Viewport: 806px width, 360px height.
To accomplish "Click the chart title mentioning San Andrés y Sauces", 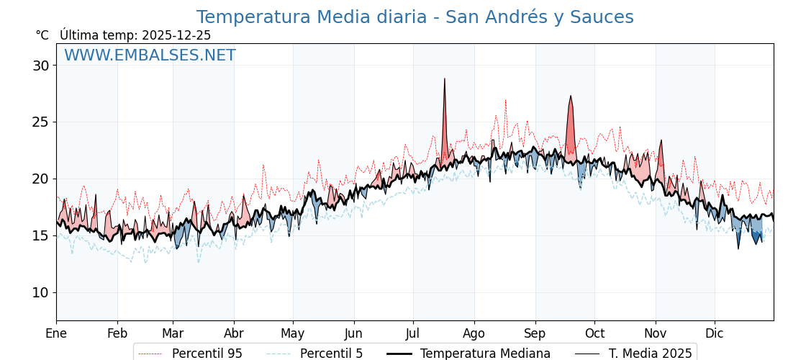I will pyautogui.click(x=415, y=17).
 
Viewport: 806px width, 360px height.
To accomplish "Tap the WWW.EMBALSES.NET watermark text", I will pyautogui.click(x=150, y=55).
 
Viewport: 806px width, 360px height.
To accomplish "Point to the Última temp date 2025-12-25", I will pyautogui.click(x=176, y=35).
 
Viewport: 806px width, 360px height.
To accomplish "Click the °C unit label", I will pyautogui.click(x=42, y=35).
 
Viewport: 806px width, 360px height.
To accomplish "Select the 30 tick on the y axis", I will pyautogui.click(x=40, y=66).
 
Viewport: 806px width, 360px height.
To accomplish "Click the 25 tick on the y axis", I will pyautogui.click(x=40, y=122).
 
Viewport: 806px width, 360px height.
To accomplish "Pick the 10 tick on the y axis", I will pyautogui.click(x=40, y=292).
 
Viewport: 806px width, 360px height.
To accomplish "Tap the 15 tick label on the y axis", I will pyautogui.click(x=40, y=235).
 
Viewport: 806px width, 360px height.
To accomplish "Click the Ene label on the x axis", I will pyautogui.click(x=56, y=334).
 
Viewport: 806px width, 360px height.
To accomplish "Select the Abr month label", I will pyautogui.click(x=234, y=334).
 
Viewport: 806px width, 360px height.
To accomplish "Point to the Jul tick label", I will pyautogui.click(x=413, y=334).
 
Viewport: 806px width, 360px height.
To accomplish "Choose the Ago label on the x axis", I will pyautogui.click(x=474, y=334).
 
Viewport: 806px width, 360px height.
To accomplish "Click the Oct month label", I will pyautogui.click(x=594, y=334).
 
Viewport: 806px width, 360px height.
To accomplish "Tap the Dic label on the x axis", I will pyautogui.click(x=715, y=334).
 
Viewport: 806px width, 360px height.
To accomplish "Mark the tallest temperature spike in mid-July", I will pyautogui.click(x=445, y=79).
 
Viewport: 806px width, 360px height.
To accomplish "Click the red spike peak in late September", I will pyautogui.click(x=571, y=96).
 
